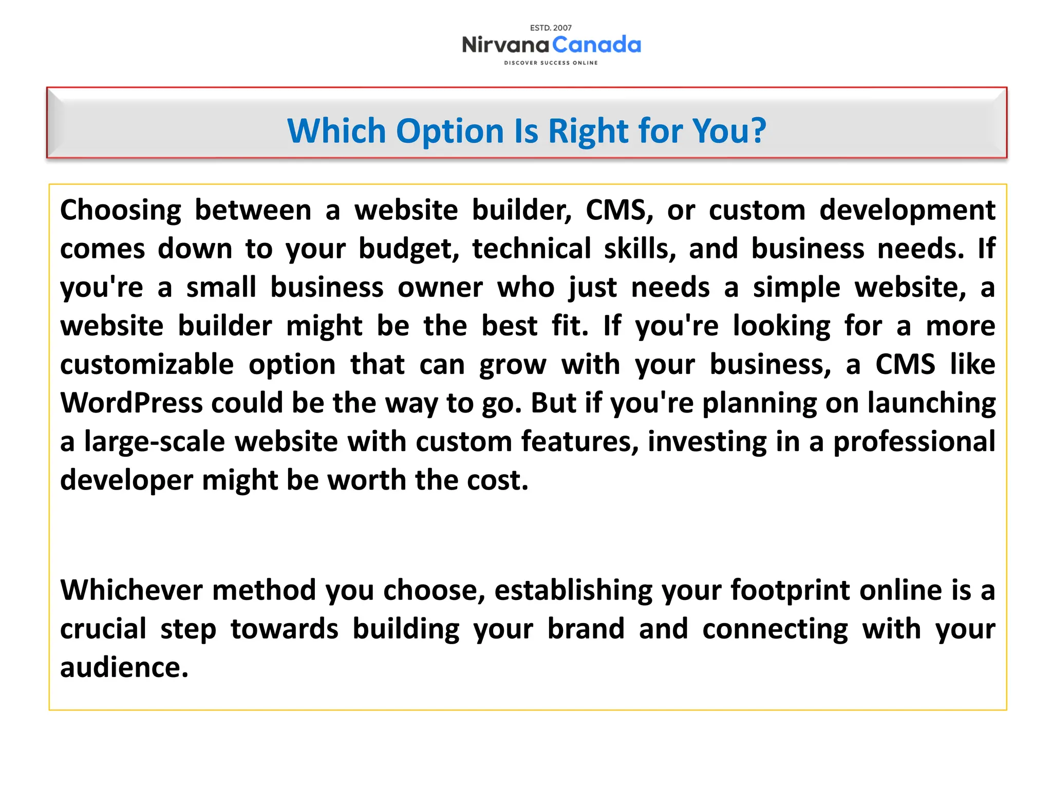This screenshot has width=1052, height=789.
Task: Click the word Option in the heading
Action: (x=450, y=131)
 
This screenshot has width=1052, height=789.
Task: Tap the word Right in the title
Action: (x=588, y=131)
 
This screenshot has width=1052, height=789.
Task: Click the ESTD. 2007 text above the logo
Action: (x=551, y=28)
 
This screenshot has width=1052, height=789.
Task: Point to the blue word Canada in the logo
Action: (x=597, y=45)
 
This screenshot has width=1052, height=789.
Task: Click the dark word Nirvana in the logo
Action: (x=505, y=45)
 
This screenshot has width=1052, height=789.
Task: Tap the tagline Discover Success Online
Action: (x=551, y=63)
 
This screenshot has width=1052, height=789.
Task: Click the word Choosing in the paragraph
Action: (x=121, y=211)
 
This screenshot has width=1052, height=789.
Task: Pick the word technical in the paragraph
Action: (x=532, y=249)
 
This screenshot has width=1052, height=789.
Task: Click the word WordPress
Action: (x=131, y=403)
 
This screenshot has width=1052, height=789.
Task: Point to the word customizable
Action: (x=147, y=365)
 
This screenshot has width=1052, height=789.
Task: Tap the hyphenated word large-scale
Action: (x=155, y=442)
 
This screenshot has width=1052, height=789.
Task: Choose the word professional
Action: (x=914, y=442)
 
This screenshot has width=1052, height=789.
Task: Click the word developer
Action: (x=126, y=480)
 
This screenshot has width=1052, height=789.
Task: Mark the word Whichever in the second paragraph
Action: (x=131, y=590)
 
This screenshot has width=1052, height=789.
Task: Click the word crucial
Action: (x=103, y=629)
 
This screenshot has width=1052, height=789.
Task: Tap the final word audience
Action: (x=124, y=667)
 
